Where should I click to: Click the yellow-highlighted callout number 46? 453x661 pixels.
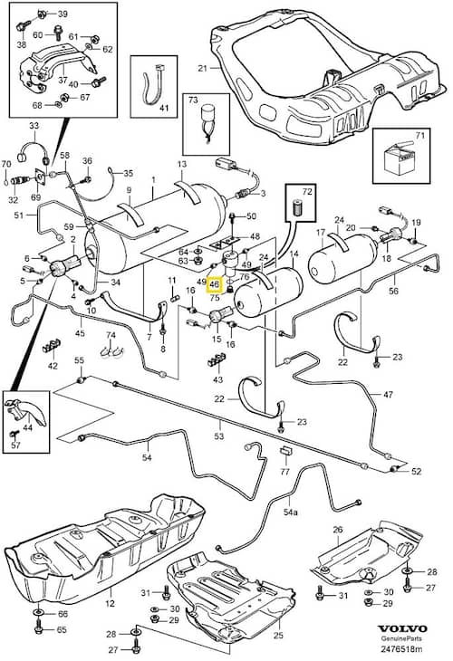click(x=214, y=284)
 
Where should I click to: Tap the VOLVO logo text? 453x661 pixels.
click(x=402, y=628)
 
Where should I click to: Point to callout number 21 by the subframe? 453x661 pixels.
click(x=203, y=67)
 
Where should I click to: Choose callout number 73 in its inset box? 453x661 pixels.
click(x=193, y=100)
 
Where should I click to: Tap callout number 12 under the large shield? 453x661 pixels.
click(x=110, y=603)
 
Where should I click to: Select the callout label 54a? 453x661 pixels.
click(x=290, y=512)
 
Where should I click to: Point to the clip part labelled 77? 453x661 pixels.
click(x=285, y=451)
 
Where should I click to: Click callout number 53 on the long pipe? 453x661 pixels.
click(x=219, y=436)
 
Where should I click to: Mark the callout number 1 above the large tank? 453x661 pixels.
click(x=153, y=180)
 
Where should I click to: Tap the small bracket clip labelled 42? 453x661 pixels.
click(x=52, y=347)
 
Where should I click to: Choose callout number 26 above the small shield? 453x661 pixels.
click(x=338, y=530)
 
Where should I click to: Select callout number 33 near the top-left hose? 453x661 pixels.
click(x=34, y=126)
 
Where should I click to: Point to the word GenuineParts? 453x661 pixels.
click(x=401, y=639)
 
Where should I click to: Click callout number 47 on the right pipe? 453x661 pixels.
click(x=388, y=395)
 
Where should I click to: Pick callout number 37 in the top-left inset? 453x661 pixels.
click(x=63, y=80)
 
